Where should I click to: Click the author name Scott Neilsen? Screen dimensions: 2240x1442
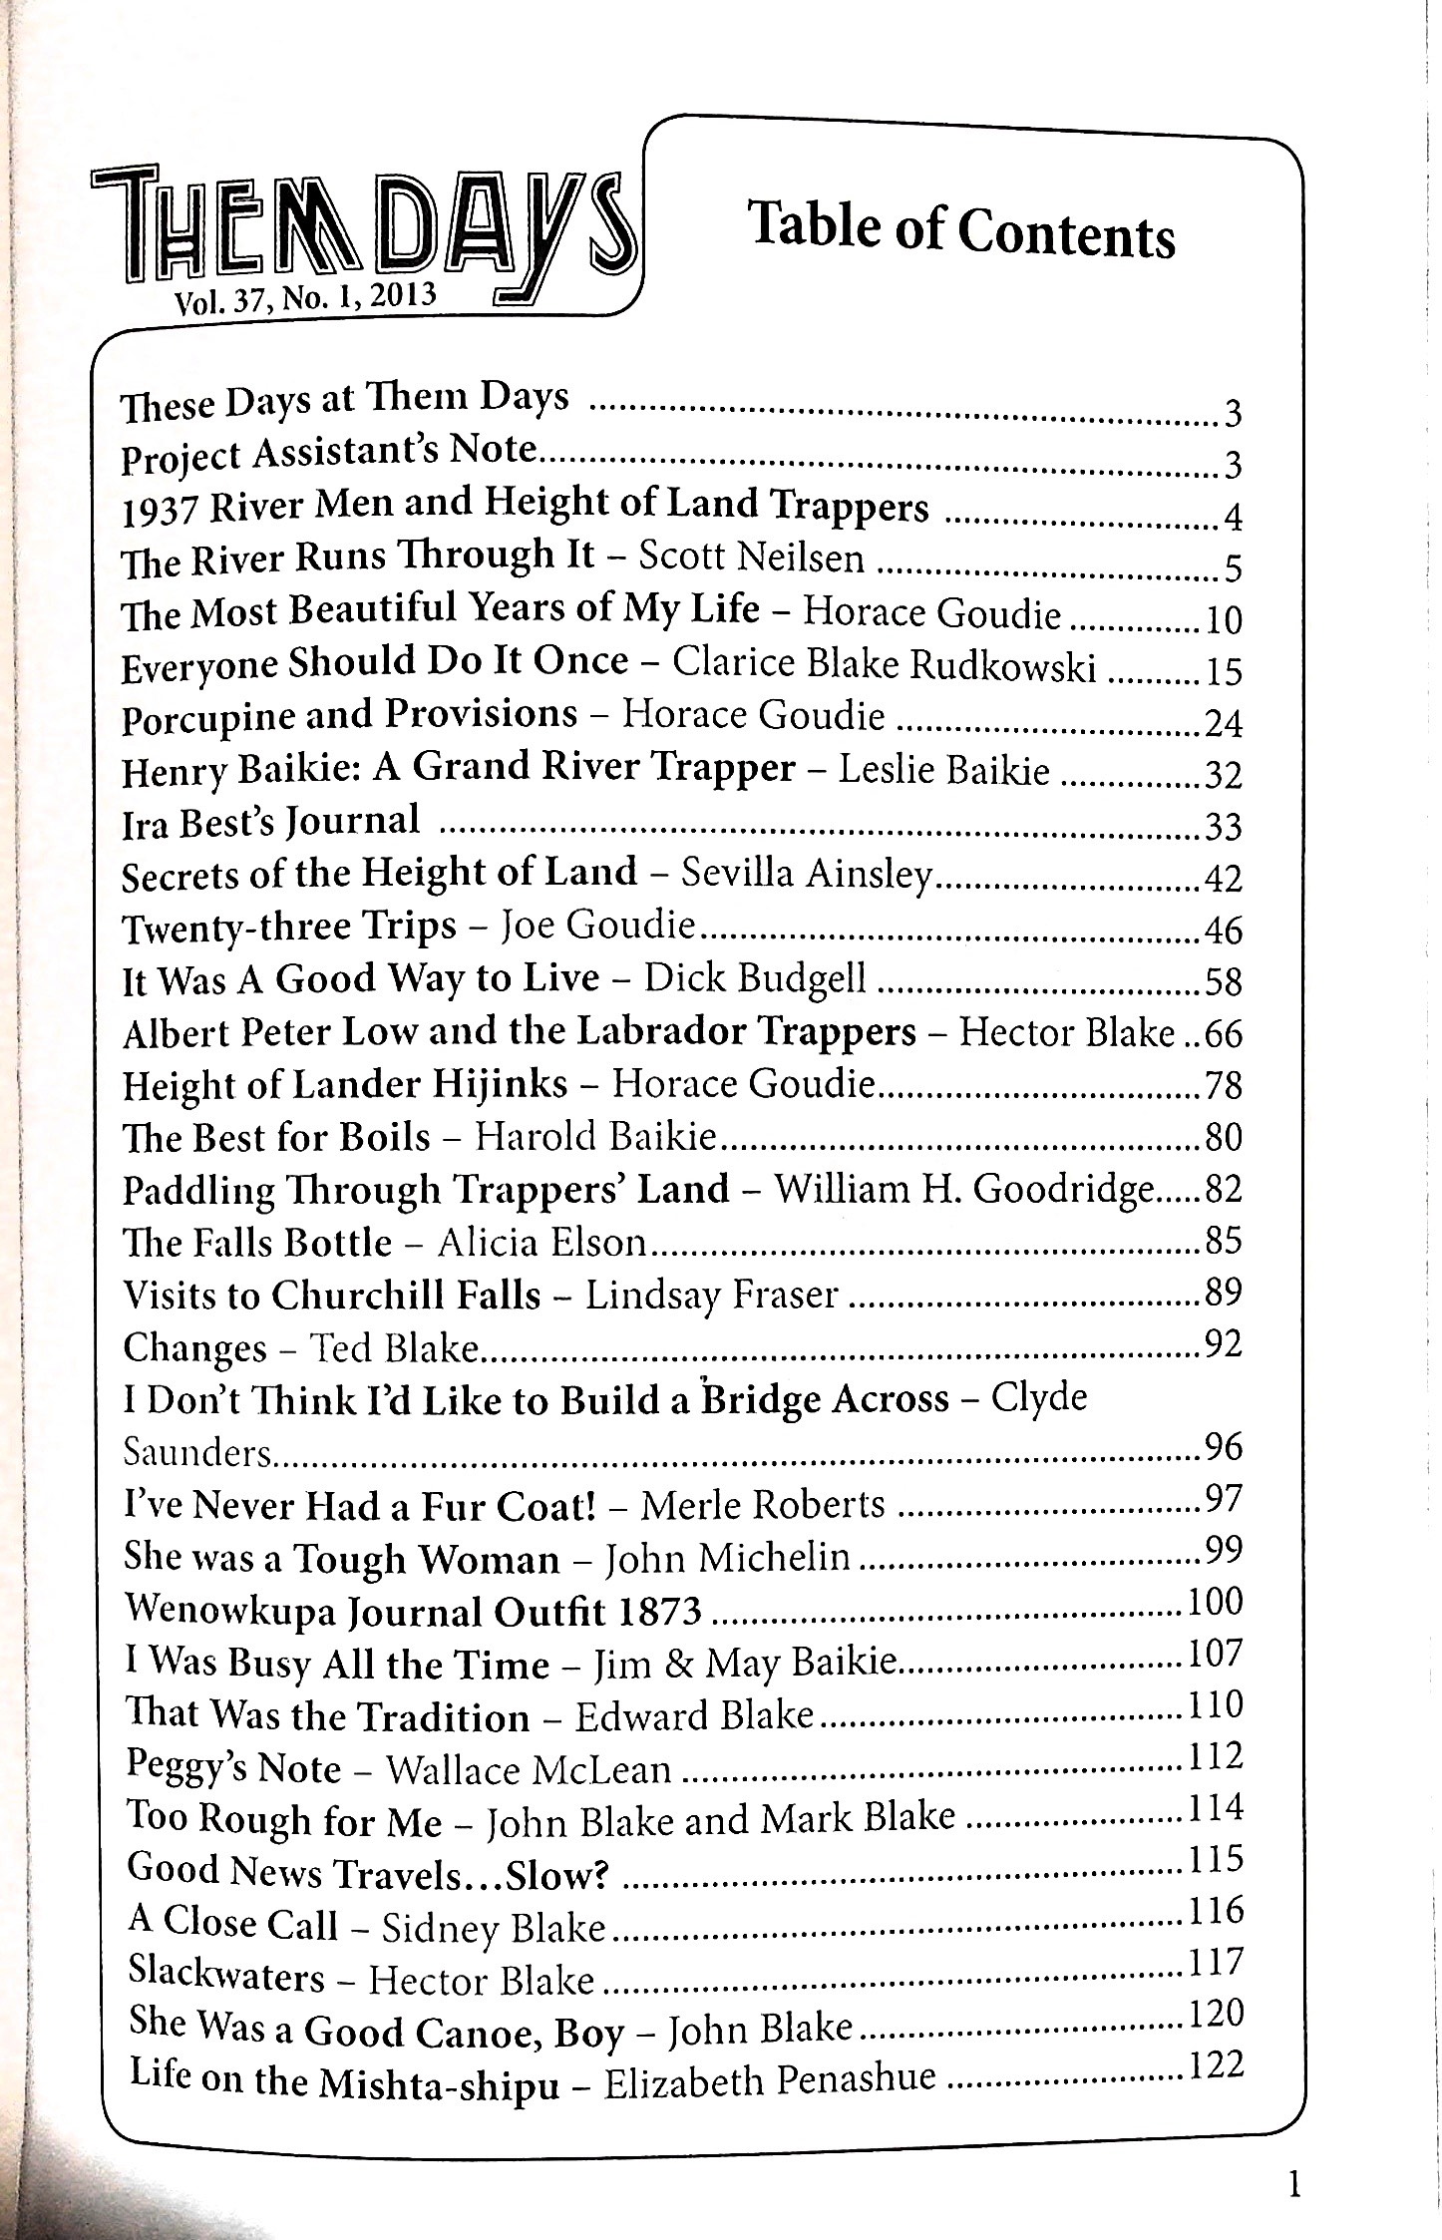coord(751,559)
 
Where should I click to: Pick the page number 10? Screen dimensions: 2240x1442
coord(1223,620)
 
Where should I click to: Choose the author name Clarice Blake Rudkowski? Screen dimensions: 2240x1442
coord(885,664)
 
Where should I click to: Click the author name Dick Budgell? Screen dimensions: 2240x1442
coord(755,979)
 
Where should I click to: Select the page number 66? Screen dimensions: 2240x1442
coord(1223,1033)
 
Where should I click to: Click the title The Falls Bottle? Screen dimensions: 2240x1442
coord(257,1243)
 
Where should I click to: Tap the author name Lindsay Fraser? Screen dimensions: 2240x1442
coord(711,1295)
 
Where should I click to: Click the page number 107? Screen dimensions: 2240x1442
coord(1216,1654)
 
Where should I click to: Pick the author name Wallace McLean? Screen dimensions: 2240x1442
coord(529,1769)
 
